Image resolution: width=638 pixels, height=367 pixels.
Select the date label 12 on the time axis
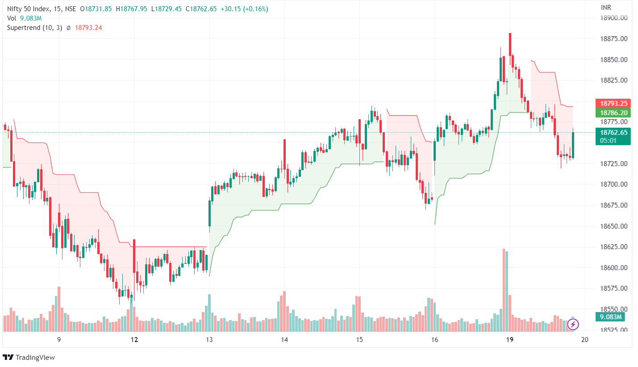pyautogui.click(x=134, y=340)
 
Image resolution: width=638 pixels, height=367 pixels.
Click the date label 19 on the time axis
pyautogui.click(x=509, y=340)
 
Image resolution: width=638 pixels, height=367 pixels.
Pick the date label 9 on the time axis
pyautogui.click(x=59, y=340)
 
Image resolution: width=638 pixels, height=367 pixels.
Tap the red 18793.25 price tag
pyautogui.click(x=613, y=103)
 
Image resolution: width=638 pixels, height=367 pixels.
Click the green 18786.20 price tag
pyautogui.click(x=613, y=113)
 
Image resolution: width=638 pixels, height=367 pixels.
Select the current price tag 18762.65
pyautogui.click(x=613, y=132)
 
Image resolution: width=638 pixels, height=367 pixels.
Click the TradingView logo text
pyautogui.click(x=35, y=357)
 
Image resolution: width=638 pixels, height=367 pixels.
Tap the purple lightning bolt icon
pyautogui.click(x=573, y=324)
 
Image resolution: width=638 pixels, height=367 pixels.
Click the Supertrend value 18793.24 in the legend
pyautogui.click(x=88, y=27)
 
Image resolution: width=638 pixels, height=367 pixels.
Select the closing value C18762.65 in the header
pyautogui.click(x=203, y=9)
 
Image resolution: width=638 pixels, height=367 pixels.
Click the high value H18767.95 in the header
pyautogui.click(x=131, y=9)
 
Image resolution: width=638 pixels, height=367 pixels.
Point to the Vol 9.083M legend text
pyautogui.click(x=25, y=18)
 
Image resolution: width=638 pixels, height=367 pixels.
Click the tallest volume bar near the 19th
pyautogui.click(x=504, y=290)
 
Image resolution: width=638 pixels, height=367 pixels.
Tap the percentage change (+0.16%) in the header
pyautogui.click(x=254, y=9)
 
